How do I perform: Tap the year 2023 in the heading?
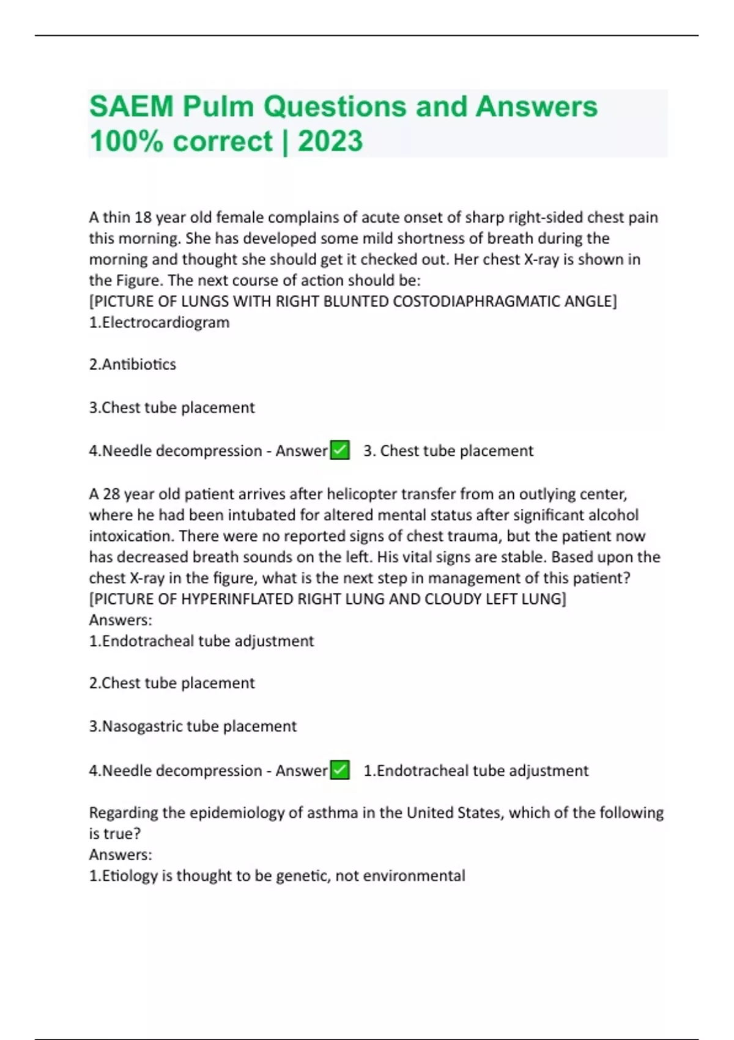pos(330,141)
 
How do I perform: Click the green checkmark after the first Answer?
pos(339,450)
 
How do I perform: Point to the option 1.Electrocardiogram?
pos(159,322)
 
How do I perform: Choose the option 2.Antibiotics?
pos(133,365)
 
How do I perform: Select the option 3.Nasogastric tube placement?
pos(193,726)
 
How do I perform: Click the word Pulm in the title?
pos(218,107)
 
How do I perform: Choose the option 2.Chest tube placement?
pos(172,683)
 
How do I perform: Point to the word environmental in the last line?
pos(414,876)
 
